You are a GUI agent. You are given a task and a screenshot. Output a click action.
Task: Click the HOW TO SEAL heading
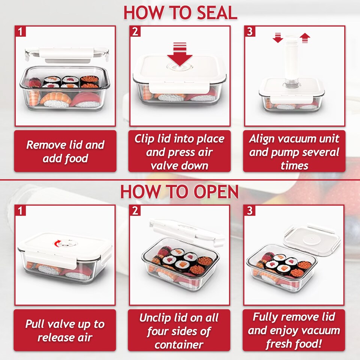tap(180, 12)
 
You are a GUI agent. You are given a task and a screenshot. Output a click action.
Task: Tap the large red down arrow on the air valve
tap(180, 55)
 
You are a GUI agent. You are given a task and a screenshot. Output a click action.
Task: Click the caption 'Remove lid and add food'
tap(65, 151)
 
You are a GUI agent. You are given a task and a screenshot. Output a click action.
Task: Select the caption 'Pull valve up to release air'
tap(65, 330)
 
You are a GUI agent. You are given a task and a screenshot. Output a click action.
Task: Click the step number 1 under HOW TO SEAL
tap(21, 31)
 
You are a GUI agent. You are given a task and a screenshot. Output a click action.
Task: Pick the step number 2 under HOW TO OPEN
tap(135, 211)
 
